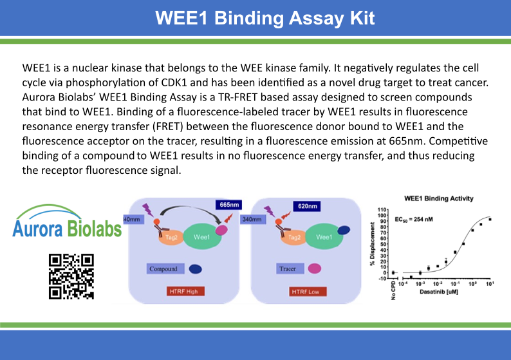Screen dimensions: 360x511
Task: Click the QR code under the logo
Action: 71,276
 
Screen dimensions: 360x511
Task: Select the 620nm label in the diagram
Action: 308,206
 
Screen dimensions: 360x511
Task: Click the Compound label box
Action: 162,269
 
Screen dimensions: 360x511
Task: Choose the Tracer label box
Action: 287,269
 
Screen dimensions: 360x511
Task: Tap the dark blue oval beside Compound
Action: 194,269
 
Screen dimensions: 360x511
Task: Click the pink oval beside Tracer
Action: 315,269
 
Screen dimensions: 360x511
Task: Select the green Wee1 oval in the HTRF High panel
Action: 202,237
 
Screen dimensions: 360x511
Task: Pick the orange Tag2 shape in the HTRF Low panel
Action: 293,237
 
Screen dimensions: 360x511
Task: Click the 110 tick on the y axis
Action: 382,210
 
